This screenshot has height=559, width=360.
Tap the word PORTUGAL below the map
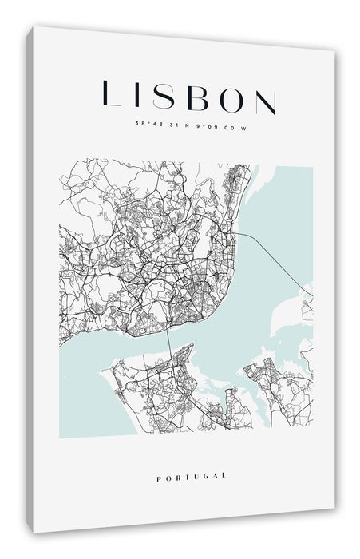(x=192, y=476)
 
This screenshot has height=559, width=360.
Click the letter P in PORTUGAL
(x=160, y=475)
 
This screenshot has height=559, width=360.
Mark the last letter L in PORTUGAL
(x=224, y=477)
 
